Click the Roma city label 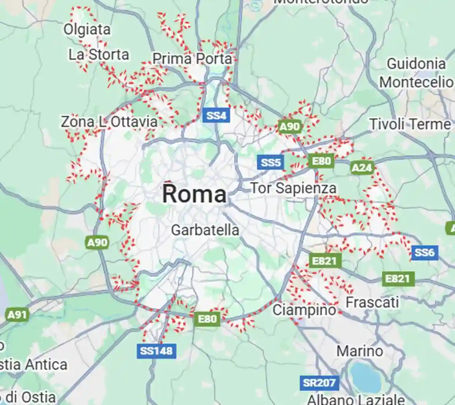tap(194, 194)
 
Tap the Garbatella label tap(205, 230)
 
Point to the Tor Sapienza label tap(293, 188)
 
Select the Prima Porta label tap(192, 59)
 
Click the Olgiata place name tap(87, 29)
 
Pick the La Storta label tap(99, 55)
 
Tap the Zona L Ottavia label tap(109, 122)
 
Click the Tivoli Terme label tap(410, 124)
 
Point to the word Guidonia tap(416, 64)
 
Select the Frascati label tap(372, 302)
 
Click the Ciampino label tap(304, 310)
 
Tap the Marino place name tap(360, 351)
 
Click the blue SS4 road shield tap(216, 115)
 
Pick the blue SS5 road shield tap(271, 162)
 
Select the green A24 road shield tap(362, 167)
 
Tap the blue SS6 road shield tap(425, 253)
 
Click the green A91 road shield tap(18, 315)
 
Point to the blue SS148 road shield tap(157, 351)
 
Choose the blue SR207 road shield tap(319, 383)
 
